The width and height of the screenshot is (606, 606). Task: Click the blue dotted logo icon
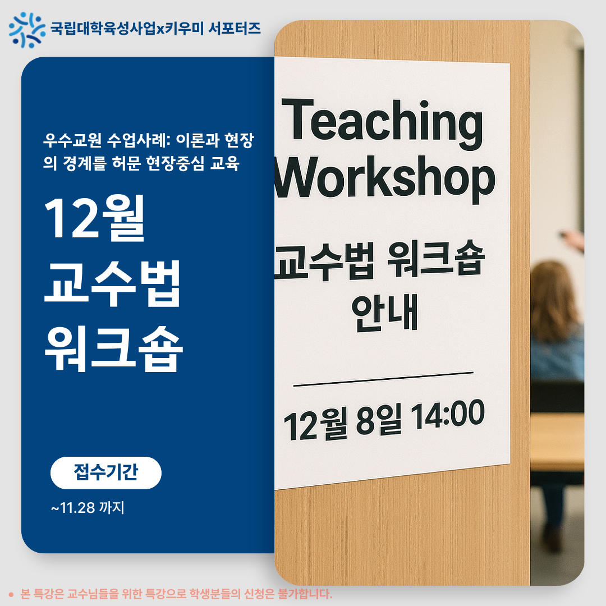coord(26,29)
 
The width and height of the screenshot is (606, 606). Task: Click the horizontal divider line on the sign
coord(383,379)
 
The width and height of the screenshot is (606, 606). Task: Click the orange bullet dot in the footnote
coord(11,594)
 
